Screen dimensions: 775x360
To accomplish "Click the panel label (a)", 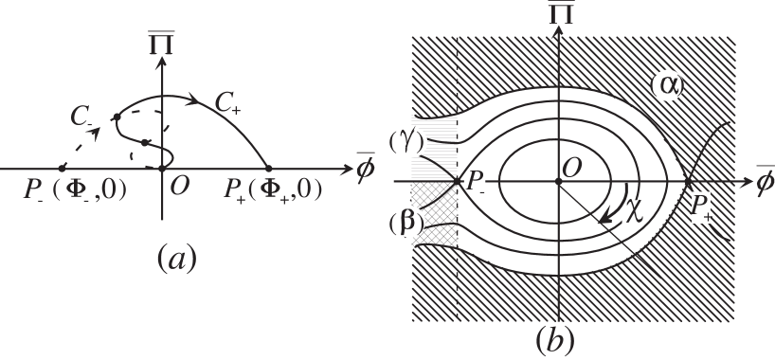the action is (176, 257).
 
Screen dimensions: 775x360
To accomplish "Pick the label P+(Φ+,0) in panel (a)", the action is (272, 189).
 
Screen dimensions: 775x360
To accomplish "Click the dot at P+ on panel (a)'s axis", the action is (268, 169).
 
